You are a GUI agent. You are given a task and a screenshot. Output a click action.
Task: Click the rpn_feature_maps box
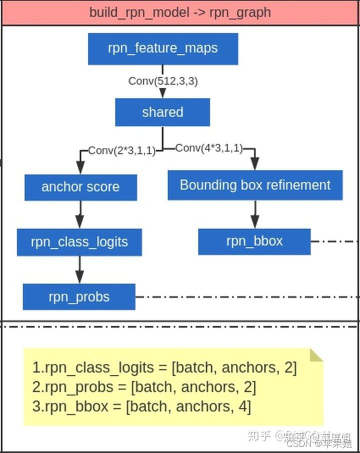[x=162, y=49]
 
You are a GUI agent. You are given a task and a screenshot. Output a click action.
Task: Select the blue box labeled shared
[x=162, y=112]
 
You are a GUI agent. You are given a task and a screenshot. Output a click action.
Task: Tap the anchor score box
[x=80, y=187]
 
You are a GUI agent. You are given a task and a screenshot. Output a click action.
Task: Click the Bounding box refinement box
[x=255, y=185]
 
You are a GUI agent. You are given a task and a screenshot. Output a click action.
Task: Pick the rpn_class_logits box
[x=79, y=242]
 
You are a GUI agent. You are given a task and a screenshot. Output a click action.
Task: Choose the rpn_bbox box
[x=254, y=241]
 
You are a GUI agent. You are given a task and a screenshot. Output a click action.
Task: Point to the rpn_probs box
[x=79, y=297]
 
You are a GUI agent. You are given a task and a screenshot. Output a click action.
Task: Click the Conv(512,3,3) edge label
[x=163, y=81]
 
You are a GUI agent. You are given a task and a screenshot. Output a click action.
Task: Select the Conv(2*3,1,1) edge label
[x=121, y=150]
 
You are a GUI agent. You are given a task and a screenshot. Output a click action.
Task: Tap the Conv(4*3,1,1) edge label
[x=209, y=148]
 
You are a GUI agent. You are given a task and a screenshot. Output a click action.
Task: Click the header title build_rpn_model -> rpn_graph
[x=180, y=12]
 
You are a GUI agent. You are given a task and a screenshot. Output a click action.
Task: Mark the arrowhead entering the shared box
[x=162, y=93]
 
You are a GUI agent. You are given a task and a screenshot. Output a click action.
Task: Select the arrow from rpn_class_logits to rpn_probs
[x=79, y=269]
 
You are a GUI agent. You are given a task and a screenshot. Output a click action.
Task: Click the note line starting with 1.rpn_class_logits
[x=164, y=368]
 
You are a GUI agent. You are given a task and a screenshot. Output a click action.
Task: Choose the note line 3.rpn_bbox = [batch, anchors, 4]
[x=141, y=406]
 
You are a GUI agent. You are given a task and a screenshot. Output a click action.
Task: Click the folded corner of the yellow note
[x=315, y=355]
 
